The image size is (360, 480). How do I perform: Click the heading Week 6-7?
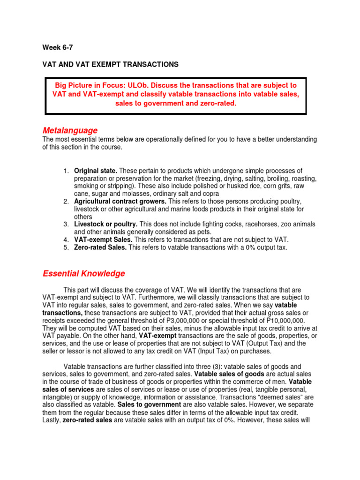[58, 47]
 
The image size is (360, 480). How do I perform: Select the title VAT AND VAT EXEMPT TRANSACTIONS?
[111, 64]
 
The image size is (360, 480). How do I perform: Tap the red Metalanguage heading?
[70, 130]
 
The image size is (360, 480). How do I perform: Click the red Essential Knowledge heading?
[84, 273]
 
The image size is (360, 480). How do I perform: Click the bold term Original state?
[96, 170]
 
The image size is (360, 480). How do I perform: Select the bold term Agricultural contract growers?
[120, 201]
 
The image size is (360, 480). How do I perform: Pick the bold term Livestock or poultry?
[105, 224]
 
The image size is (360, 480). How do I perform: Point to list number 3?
[66, 224]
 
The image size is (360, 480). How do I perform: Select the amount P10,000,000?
[273, 320]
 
